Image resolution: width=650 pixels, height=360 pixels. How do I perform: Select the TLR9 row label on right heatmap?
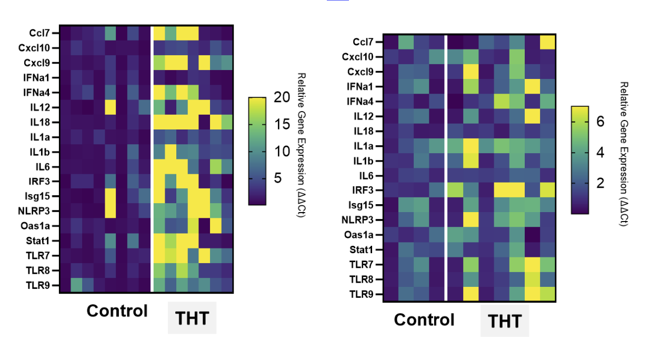click(362, 294)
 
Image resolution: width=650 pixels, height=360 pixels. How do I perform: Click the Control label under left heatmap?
click(117, 311)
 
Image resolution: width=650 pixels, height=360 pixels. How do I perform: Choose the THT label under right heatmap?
click(504, 321)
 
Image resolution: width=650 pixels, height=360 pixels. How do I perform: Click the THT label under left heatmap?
click(192, 318)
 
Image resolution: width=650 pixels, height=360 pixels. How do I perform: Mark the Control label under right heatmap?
click(424, 319)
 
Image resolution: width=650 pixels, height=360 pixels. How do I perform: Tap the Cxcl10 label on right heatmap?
click(359, 56)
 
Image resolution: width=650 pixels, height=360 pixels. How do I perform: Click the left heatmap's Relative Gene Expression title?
click(302, 145)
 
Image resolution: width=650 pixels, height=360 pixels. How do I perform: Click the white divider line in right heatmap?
click(446, 168)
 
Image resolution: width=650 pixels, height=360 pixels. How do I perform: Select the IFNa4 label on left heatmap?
click(40, 92)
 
